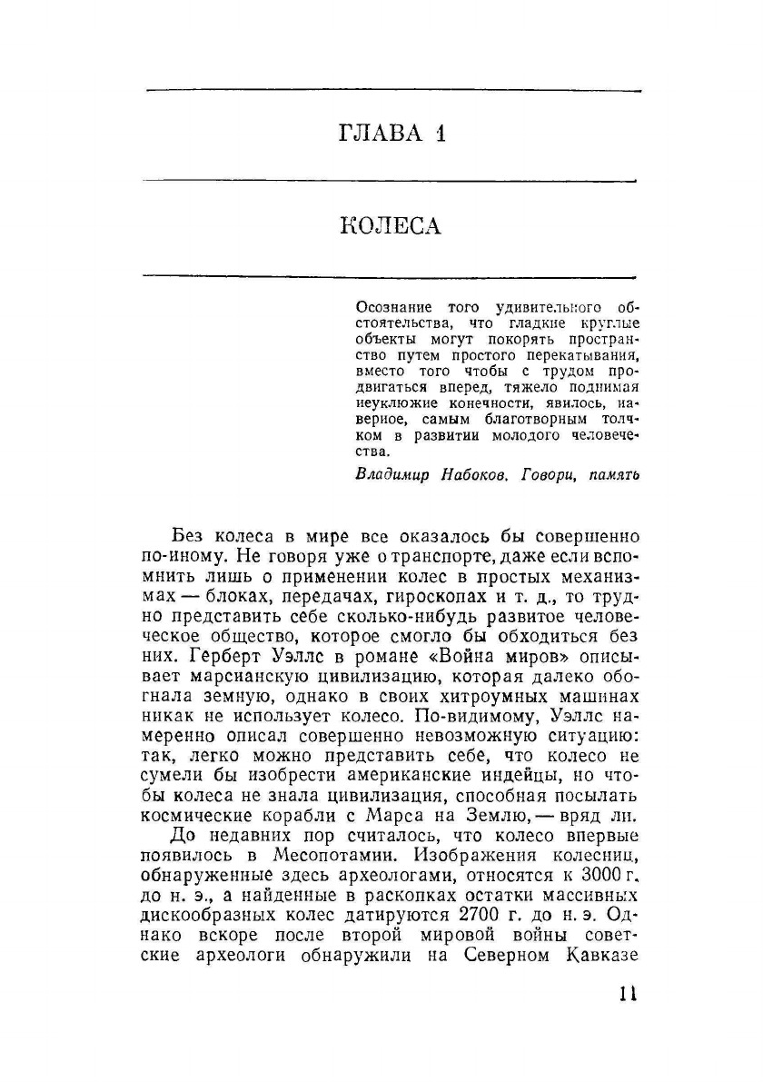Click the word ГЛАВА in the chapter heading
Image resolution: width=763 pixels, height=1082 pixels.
[x=379, y=134]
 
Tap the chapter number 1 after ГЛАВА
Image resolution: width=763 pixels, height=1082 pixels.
[x=440, y=134]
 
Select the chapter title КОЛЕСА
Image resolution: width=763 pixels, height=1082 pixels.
[x=391, y=225]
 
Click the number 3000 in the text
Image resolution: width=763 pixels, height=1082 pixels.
[x=594, y=875]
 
